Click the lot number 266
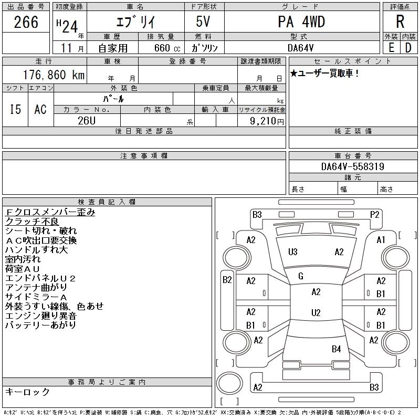tap(26, 22)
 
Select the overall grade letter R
tap(400, 22)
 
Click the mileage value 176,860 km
tap(52, 75)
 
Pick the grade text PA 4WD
tap(301, 22)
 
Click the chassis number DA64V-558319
tap(353, 167)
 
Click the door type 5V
tap(204, 22)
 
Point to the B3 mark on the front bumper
tap(257, 214)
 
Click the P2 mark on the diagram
tap(374, 214)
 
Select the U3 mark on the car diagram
tap(292, 252)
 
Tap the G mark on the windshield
tap(301, 276)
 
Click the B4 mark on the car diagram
tap(336, 349)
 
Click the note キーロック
tap(27, 392)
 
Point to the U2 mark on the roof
tap(316, 313)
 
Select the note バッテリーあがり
tap(40, 325)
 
